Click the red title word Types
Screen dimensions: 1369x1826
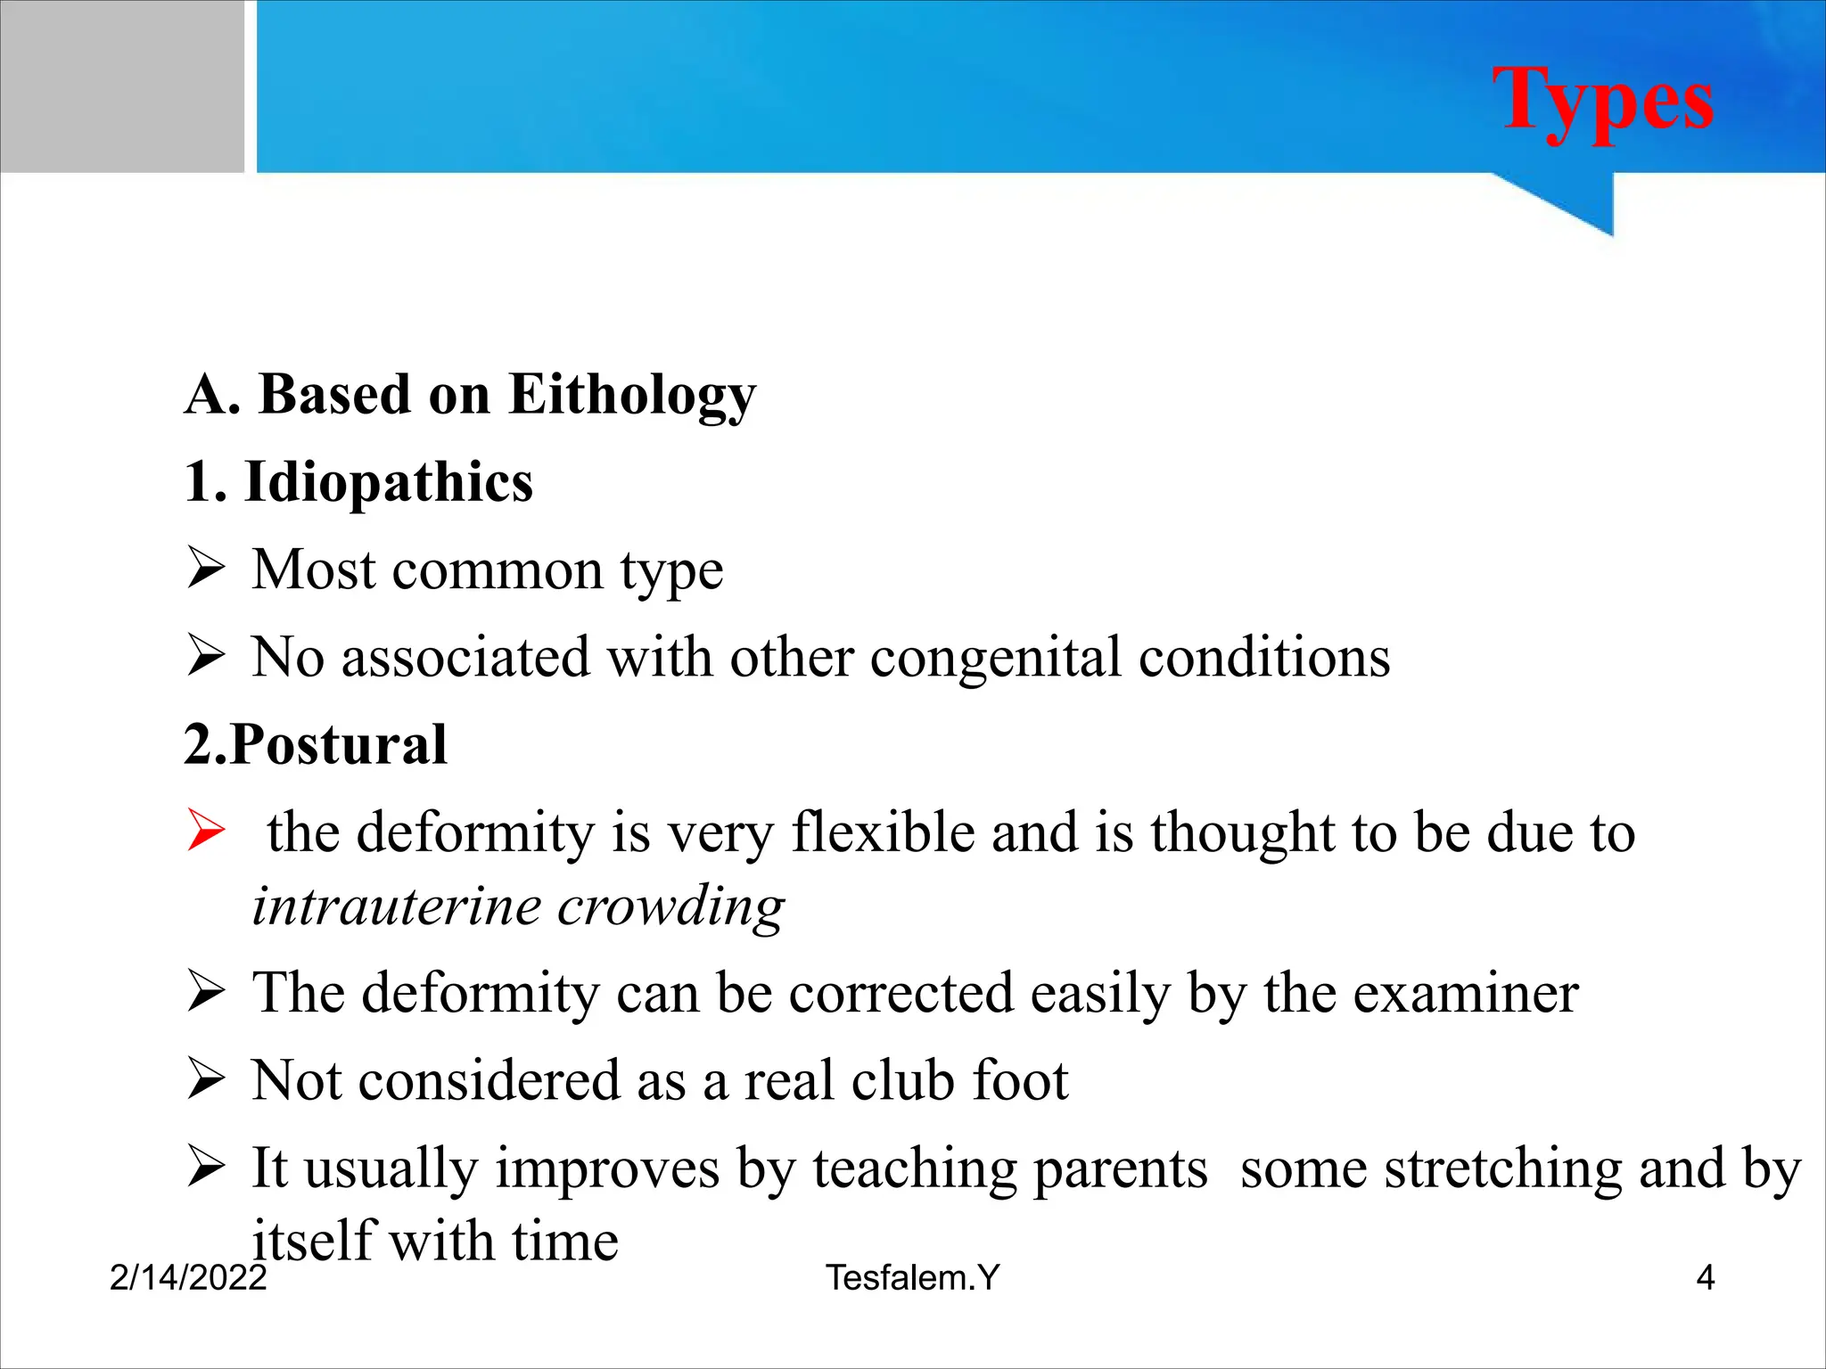pos(1602,100)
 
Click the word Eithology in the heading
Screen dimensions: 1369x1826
pos(631,395)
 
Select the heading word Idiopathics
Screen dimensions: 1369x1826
pos(389,482)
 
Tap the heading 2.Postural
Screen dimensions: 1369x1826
pos(315,744)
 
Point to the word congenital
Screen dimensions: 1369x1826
pos(995,659)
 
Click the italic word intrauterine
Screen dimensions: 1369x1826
pos(397,906)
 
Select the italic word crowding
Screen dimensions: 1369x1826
pos(670,908)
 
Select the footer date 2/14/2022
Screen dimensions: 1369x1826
pos(187,1278)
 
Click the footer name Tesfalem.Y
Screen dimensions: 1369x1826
pos(912,1278)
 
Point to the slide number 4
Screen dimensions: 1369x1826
pos(1705,1278)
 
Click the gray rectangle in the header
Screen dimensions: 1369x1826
pos(121,86)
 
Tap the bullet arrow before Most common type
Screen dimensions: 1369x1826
pos(206,569)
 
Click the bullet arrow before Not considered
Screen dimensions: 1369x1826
pos(206,1079)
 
